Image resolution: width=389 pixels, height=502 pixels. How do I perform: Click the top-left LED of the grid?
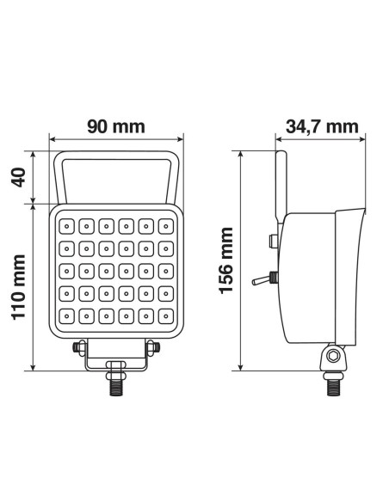tap(66, 228)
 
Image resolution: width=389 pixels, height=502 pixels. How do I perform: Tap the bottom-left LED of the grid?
tap(66, 318)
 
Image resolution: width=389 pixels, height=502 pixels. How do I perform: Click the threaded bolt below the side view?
tap(332, 385)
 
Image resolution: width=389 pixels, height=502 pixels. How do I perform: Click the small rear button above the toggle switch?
tap(273, 242)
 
